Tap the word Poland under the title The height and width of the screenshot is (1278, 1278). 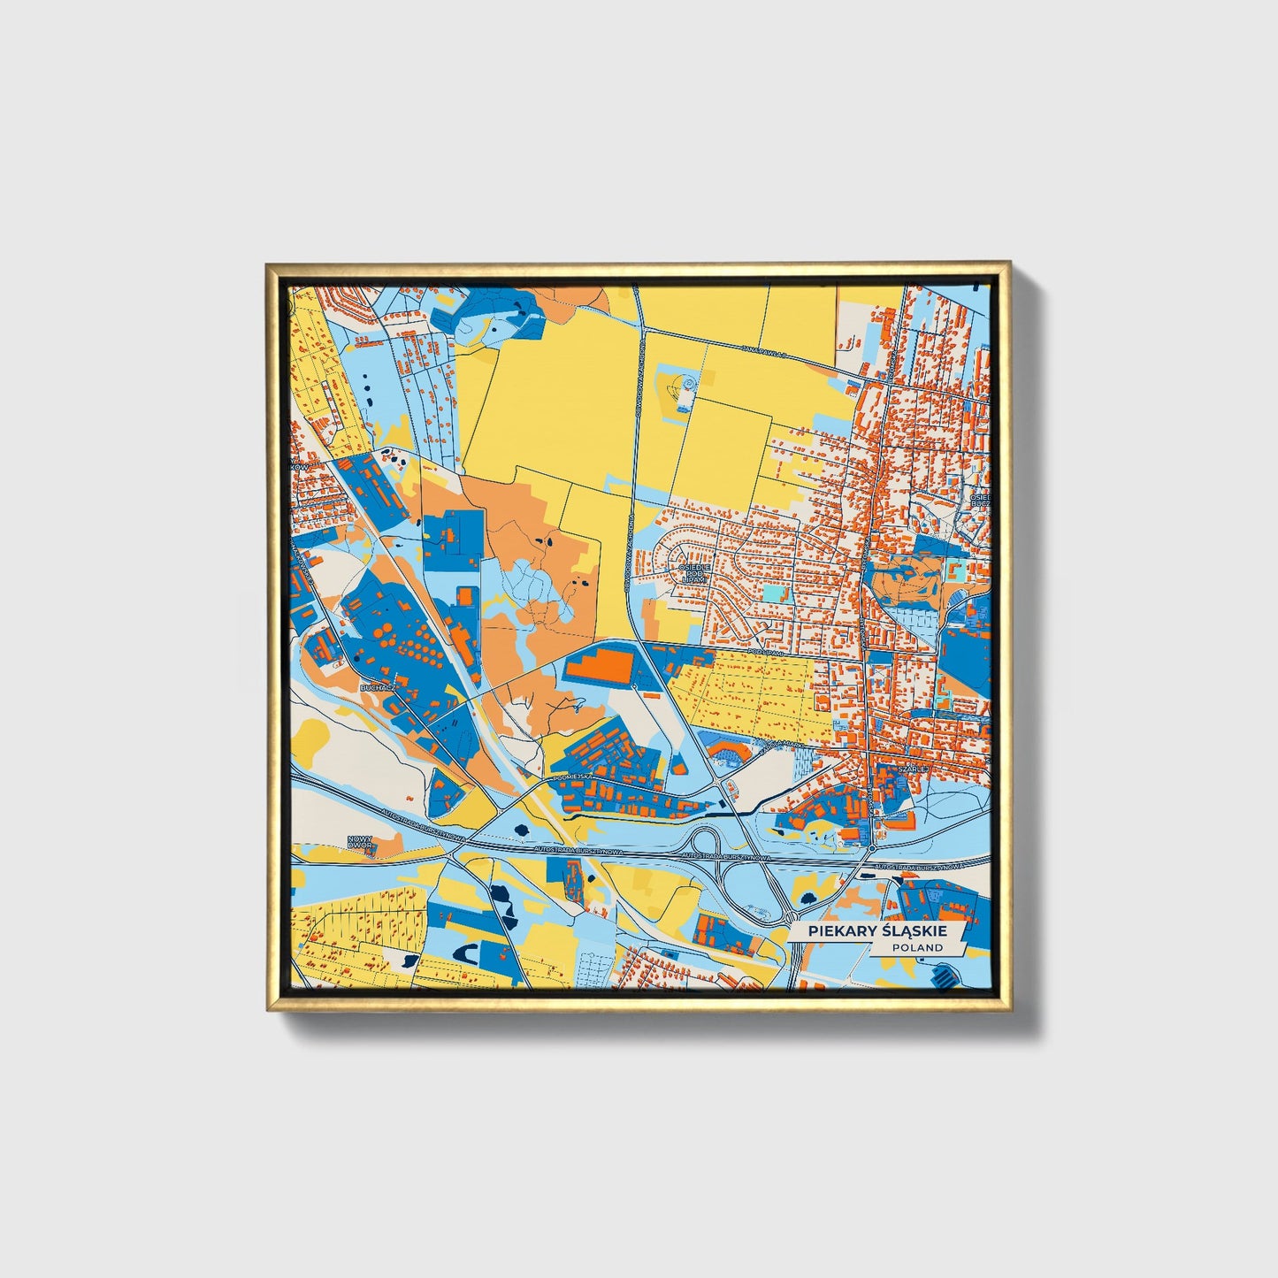[917, 948]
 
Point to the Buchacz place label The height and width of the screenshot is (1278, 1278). [378, 686]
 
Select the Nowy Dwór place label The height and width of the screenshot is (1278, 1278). [360, 842]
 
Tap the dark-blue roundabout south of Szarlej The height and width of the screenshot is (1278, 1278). [872, 848]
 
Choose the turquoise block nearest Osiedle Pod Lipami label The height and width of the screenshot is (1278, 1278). [773, 593]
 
